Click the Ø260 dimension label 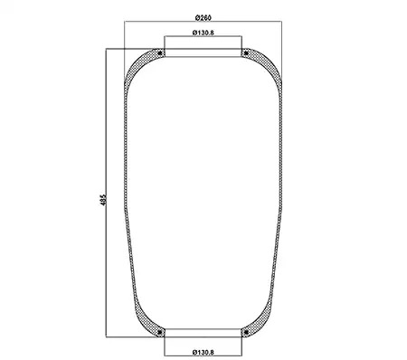[x=203, y=18]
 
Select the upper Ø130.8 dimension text [x=203, y=33]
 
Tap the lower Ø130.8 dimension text [x=203, y=352]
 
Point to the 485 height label [x=103, y=200]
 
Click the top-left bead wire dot [x=160, y=53]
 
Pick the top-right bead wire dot [x=246, y=53]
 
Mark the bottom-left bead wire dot [x=160, y=333]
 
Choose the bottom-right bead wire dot [x=246, y=333]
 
